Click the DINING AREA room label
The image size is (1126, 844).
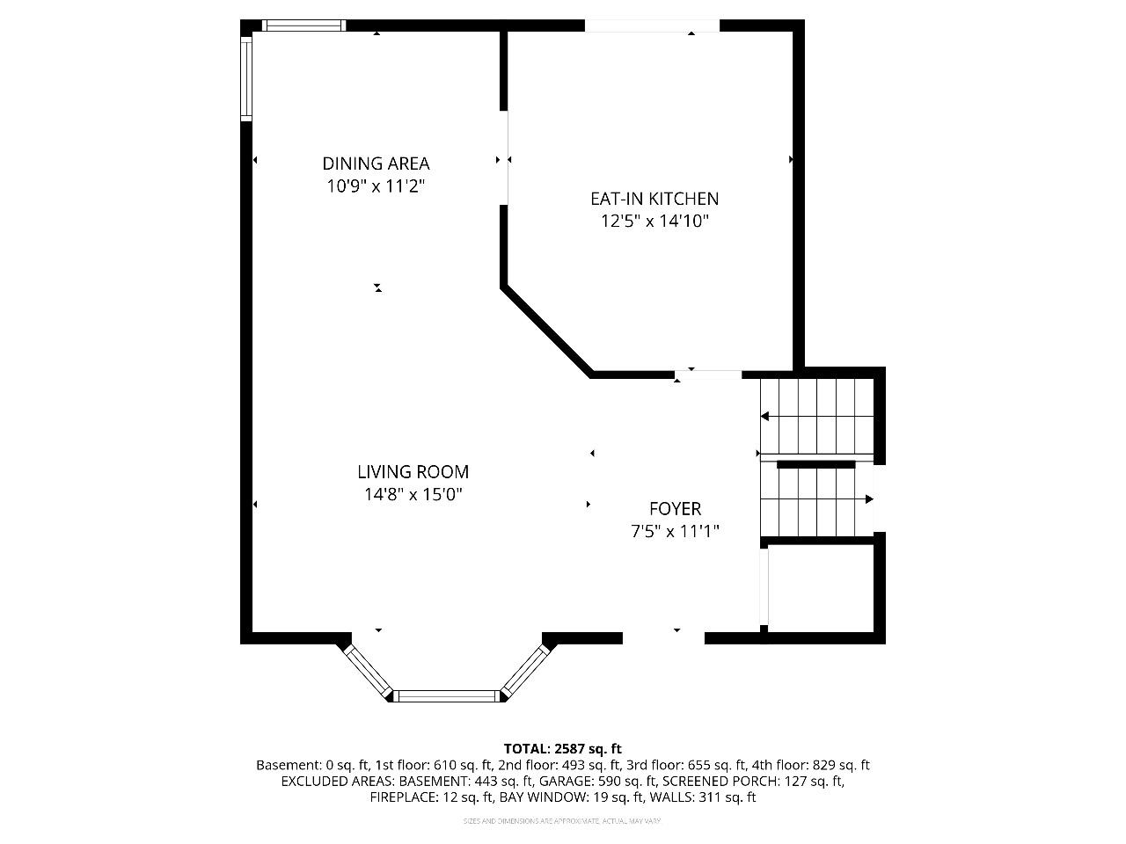[x=376, y=164]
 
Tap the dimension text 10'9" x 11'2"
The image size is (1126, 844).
[x=376, y=186]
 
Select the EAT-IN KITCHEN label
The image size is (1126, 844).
[x=654, y=200]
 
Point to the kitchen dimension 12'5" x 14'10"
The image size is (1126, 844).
[x=654, y=222]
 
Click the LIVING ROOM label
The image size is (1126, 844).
[x=413, y=472]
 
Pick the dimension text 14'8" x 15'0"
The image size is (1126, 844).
[x=413, y=495]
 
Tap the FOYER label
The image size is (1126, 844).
[x=675, y=509]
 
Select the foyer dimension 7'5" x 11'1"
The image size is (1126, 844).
[x=675, y=531]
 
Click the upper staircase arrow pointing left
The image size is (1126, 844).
[x=766, y=416]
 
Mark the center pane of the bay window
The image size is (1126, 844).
[x=446, y=695]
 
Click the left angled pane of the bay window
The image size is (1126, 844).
[x=366, y=671]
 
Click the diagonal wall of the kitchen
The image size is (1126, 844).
[x=545, y=331]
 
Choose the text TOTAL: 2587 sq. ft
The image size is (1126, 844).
[x=562, y=749]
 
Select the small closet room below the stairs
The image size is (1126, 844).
[x=821, y=586]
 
